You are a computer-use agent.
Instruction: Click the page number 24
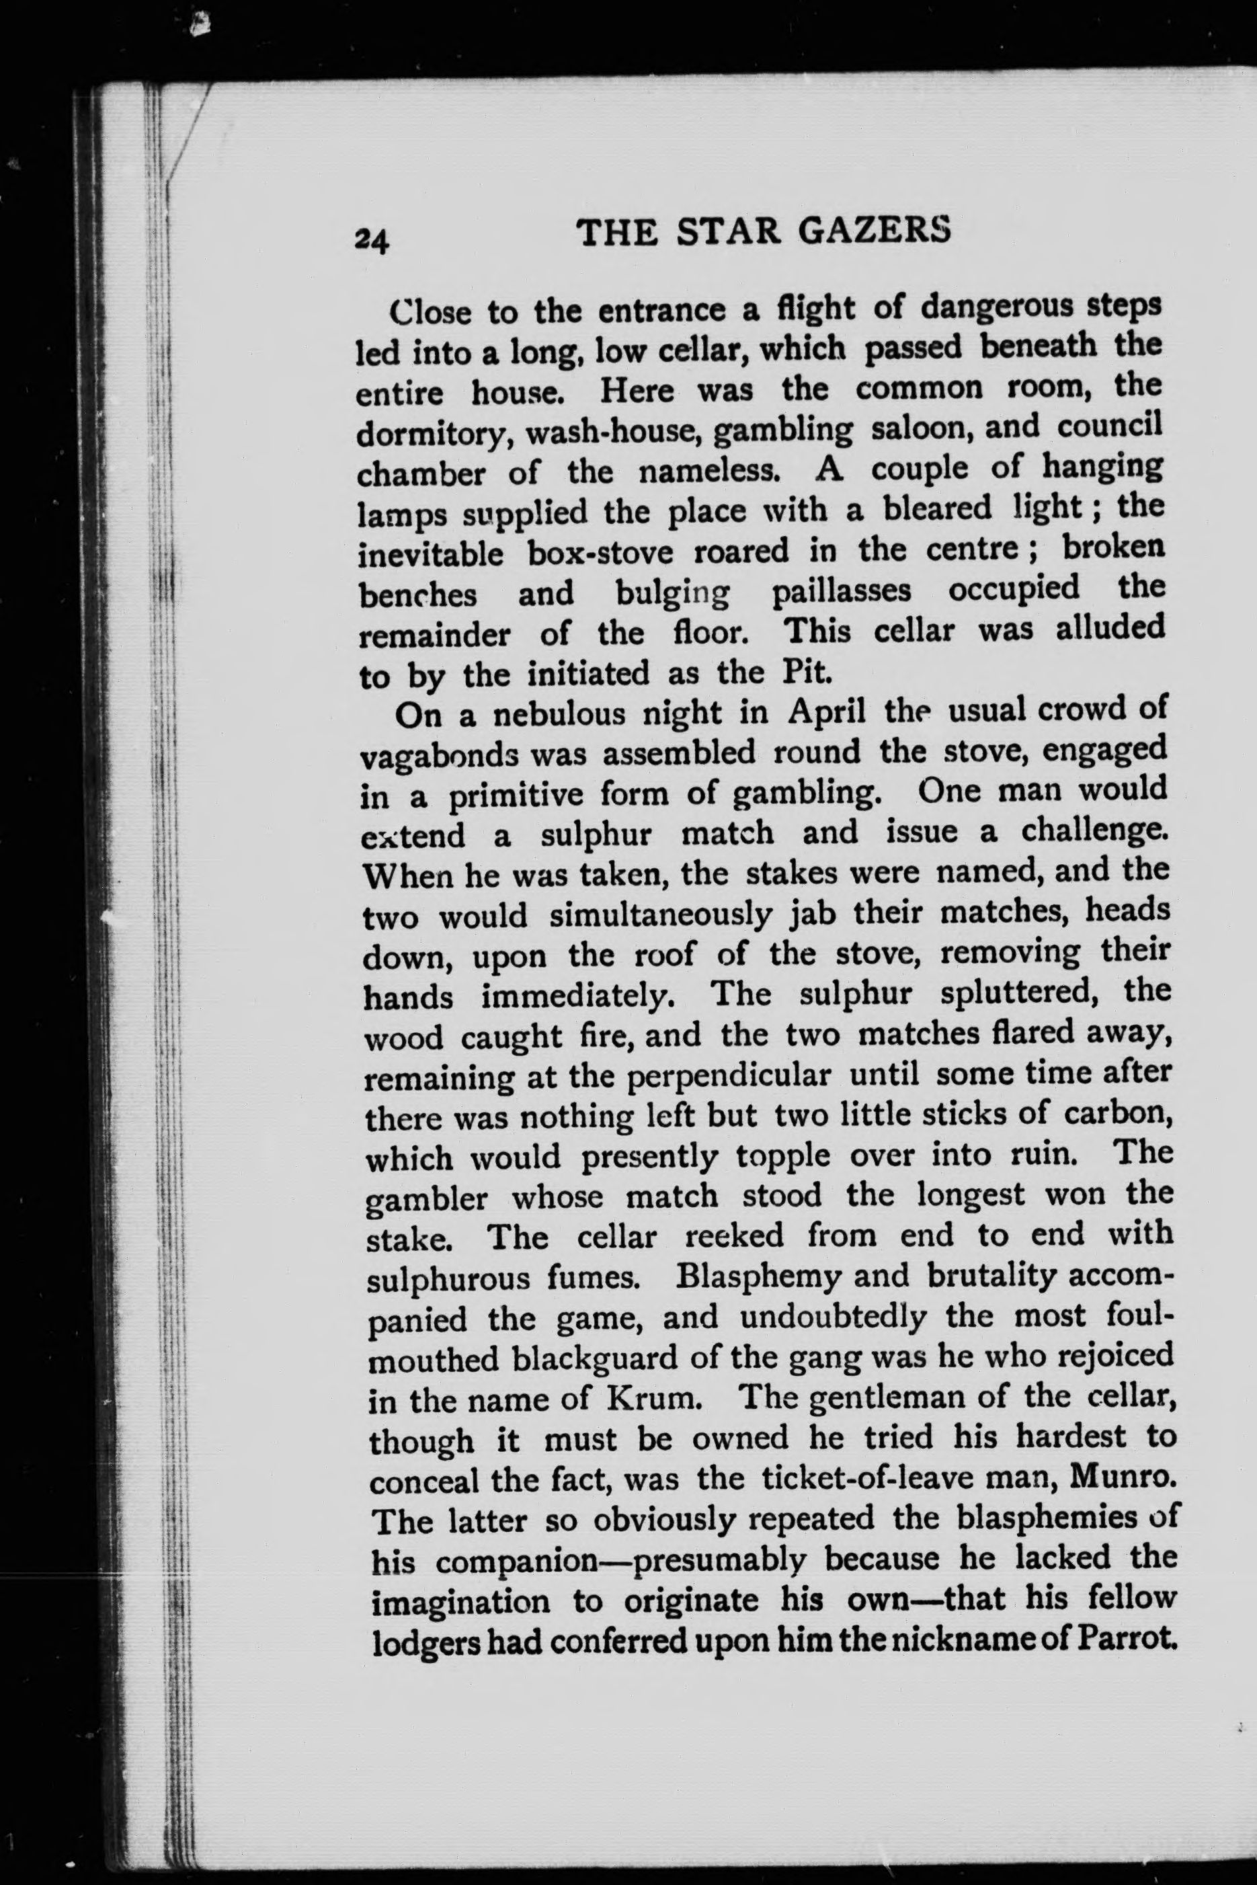pyautogui.click(x=371, y=238)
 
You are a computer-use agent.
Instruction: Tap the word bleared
pyautogui.click(x=938, y=509)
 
